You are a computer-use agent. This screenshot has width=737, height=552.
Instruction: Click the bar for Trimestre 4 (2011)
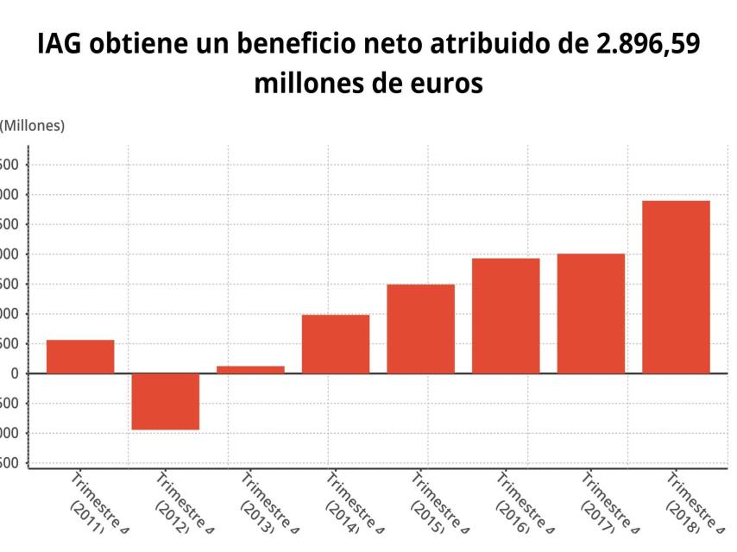click(80, 356)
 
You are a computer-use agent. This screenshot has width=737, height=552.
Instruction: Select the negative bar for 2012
click(166, 401)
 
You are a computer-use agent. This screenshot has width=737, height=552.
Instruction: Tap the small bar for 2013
click(250, 369)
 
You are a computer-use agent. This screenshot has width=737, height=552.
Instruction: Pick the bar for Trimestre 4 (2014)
click(336, 344)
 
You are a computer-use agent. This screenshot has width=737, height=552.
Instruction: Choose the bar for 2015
click(420, 329)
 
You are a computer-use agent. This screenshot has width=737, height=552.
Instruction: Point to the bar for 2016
click(506, 316)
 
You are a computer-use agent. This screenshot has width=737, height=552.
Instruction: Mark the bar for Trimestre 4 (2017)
click(590, 313)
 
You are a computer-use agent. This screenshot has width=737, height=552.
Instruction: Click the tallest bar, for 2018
click(676, 286)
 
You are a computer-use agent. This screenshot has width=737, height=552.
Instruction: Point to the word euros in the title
click(443, 85)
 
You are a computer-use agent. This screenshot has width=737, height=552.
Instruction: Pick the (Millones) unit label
click(33, 126)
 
